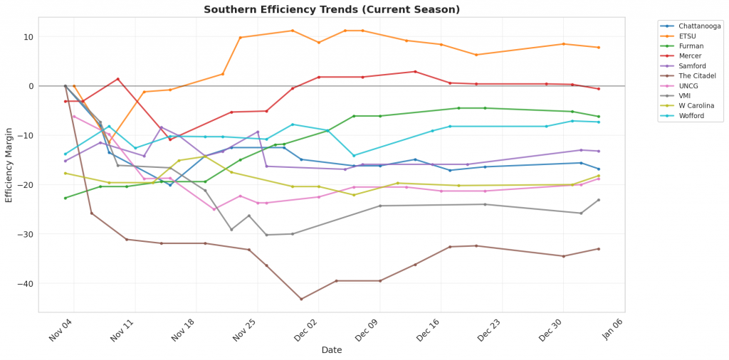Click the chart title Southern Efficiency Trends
pos(332,9)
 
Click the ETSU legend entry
pos(688,36)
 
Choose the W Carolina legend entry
pos(696,106)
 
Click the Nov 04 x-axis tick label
pos(61,329)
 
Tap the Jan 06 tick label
pos(612,329)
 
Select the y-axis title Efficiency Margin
pos(9,165)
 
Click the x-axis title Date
pos(332,350)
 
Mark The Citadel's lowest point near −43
pos(301,299)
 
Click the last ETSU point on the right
pos(598,48)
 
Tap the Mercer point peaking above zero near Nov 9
pos(117,79)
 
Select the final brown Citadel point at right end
pos(598,248)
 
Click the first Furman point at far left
pos(65,198)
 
